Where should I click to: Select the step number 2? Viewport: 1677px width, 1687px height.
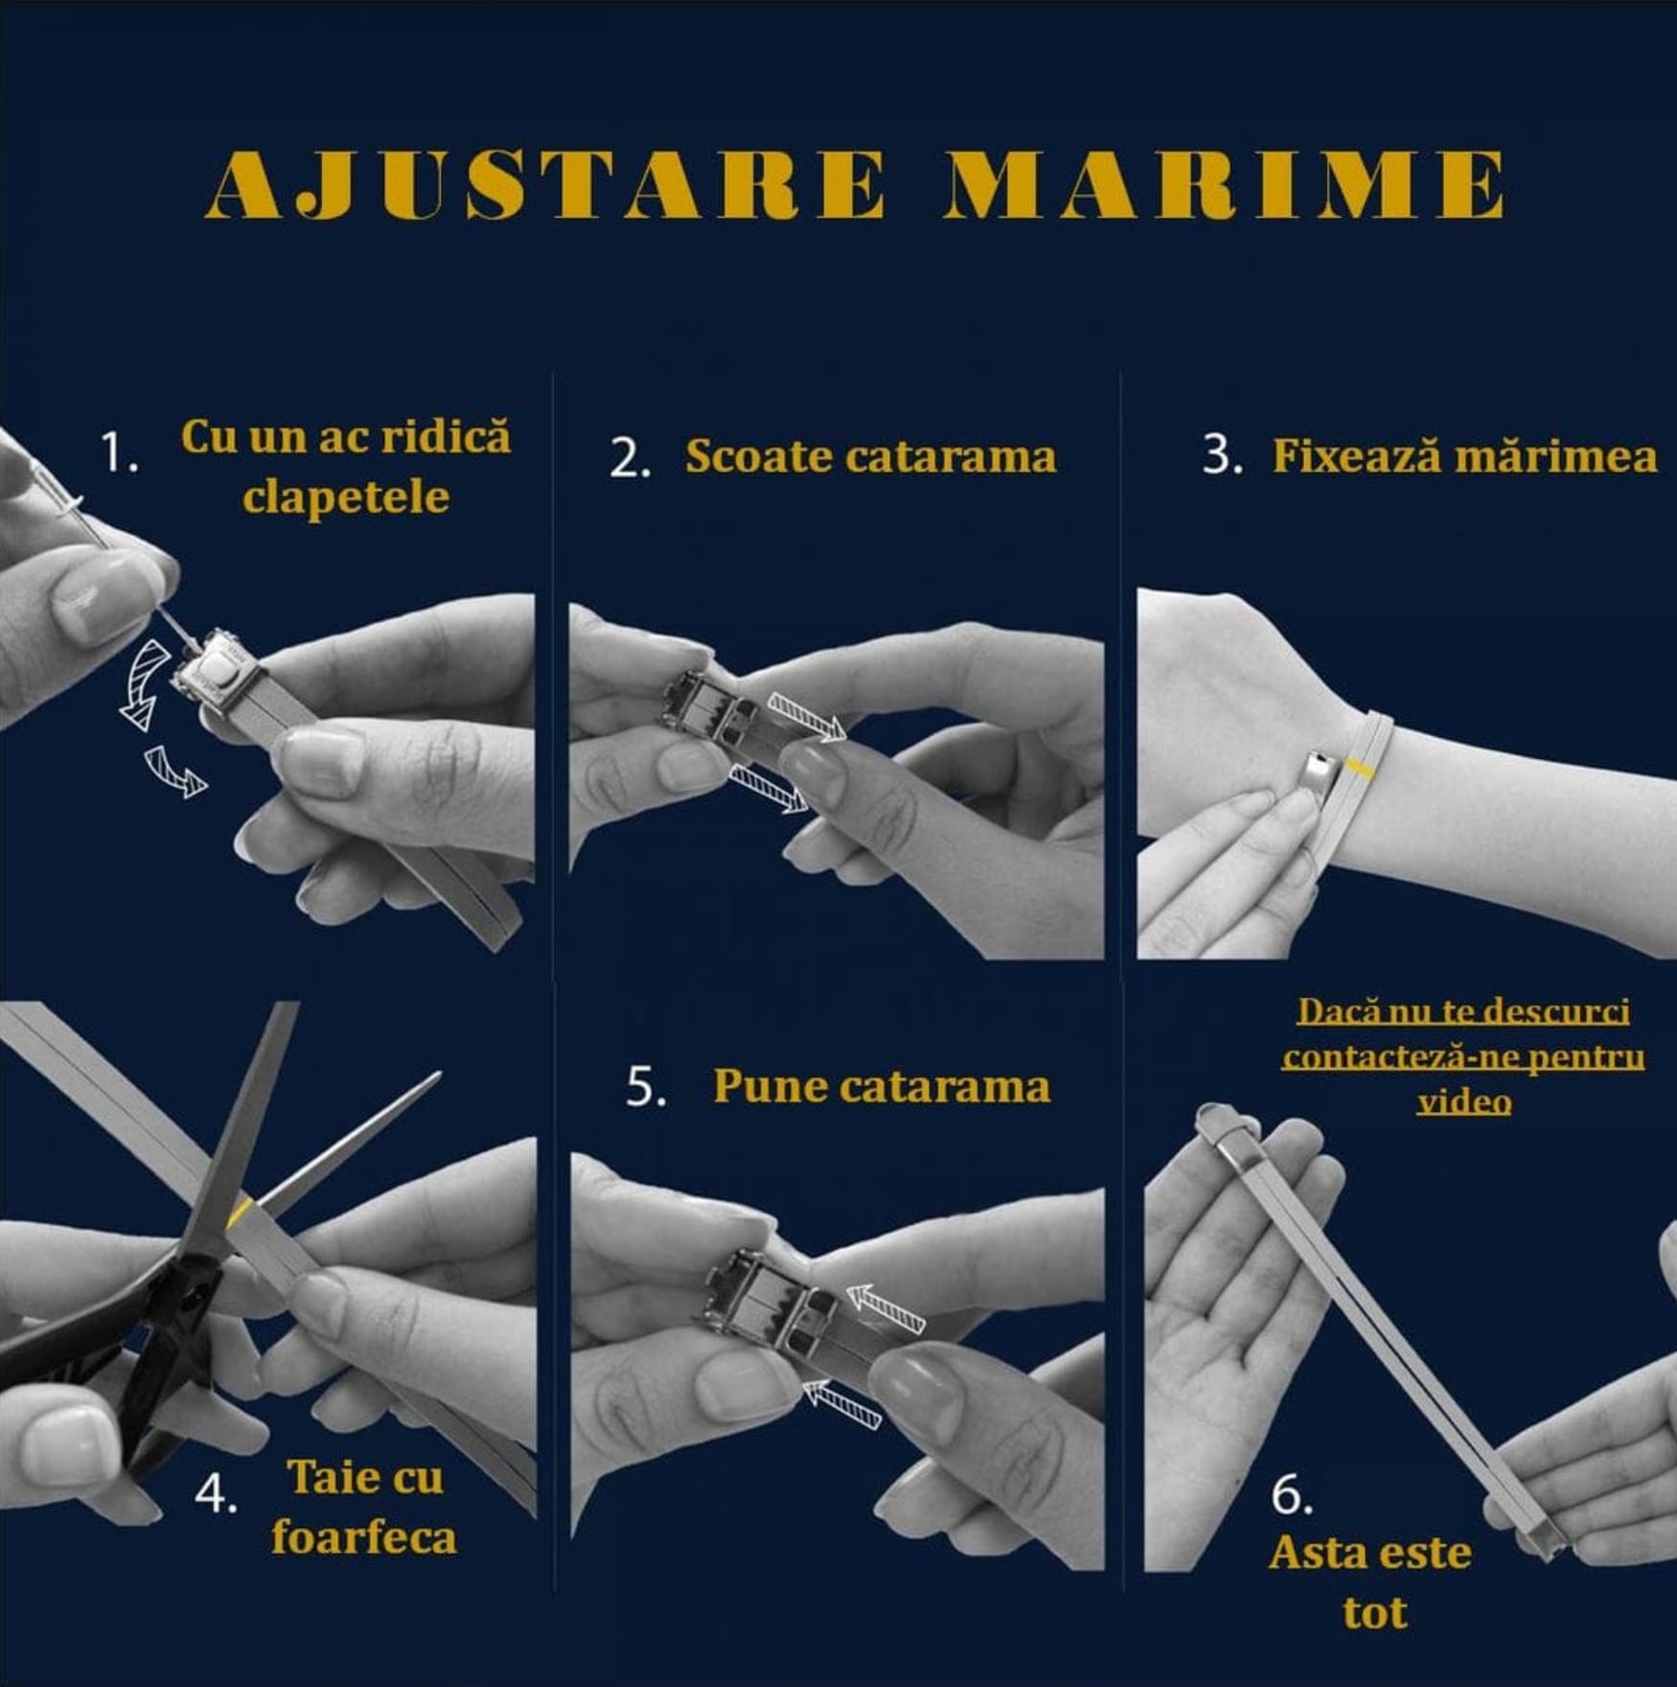pos(631,458)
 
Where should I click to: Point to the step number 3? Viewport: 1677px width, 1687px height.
pos(1223,456)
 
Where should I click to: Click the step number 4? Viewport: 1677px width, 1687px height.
pos(217,1494)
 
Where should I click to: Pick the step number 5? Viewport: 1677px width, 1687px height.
pos(646,1087)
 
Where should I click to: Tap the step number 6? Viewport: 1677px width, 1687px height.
pos(1291,1495)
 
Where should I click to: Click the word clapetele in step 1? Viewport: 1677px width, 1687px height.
pos(346,497)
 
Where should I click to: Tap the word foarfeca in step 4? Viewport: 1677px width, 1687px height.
pos(364,1538)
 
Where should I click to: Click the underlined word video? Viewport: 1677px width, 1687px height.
pos(1464,1102)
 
